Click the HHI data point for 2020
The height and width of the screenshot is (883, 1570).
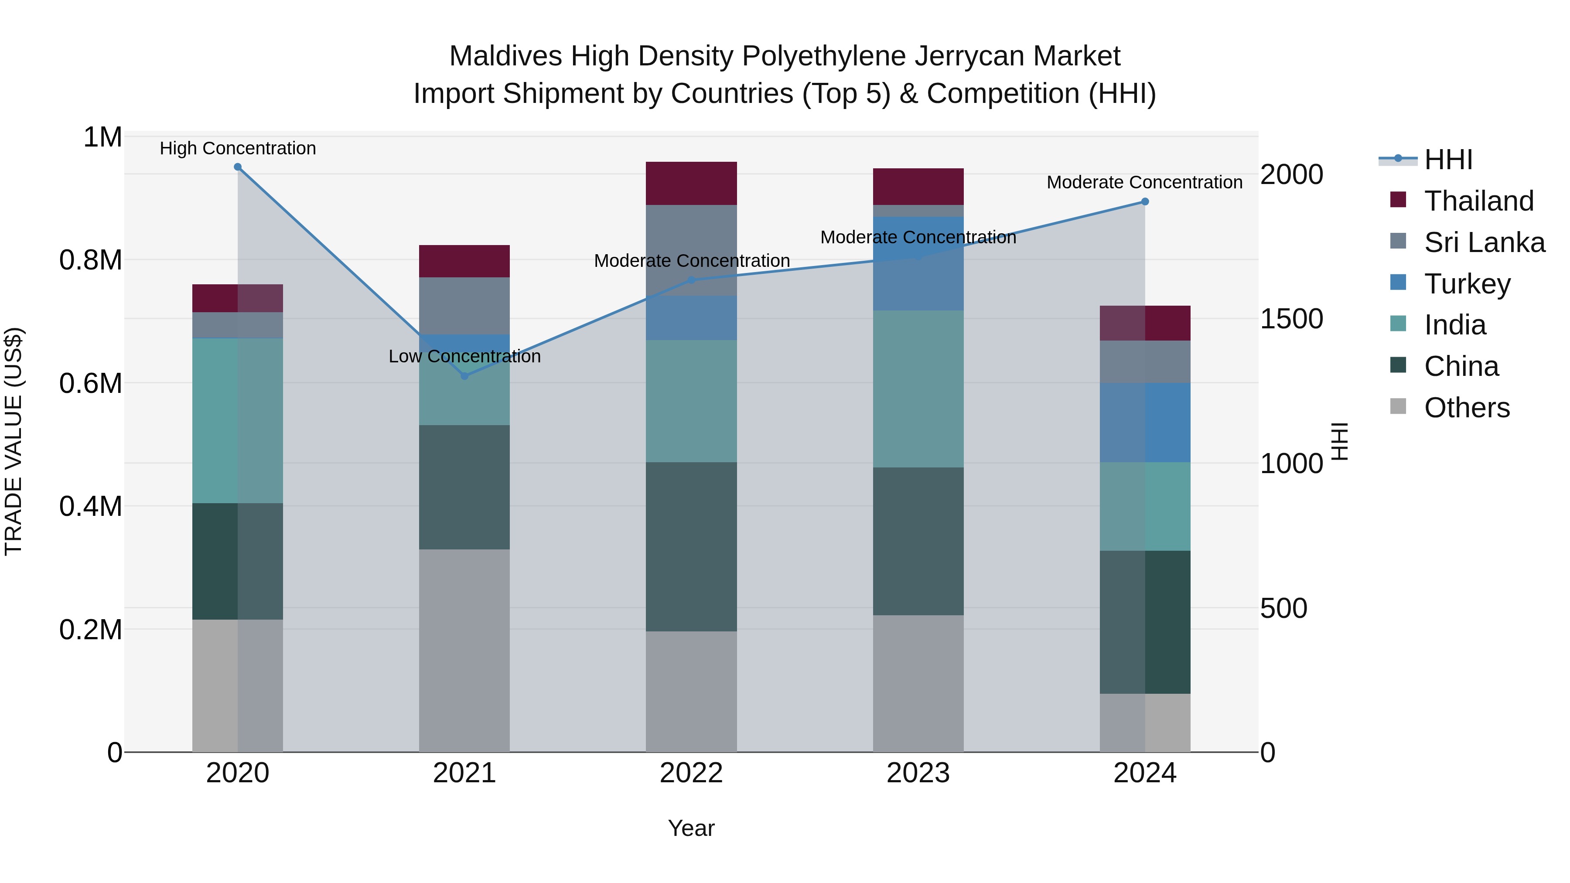(238, 167)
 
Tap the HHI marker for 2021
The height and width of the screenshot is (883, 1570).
(464, 376)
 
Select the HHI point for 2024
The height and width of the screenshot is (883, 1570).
(1145, 202)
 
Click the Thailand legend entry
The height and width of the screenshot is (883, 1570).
(1478, 201)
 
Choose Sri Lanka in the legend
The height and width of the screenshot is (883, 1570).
(1484, 242)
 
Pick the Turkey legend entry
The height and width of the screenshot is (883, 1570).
(1467, 284)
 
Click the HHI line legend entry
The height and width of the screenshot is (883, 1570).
(1448, 160)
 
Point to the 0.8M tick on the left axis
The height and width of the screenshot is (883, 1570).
(90, 260)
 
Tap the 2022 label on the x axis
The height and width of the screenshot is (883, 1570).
(691, 773)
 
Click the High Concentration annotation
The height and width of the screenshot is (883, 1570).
(238, 148)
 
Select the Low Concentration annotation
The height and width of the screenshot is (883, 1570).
(464, 357)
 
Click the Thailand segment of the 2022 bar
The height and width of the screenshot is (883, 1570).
(691, 184)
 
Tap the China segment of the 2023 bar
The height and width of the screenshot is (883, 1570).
(918, 541)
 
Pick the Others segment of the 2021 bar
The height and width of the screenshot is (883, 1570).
(464, 650)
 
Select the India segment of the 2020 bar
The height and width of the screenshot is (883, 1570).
(238, 420)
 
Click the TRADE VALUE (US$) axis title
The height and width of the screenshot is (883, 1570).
(14, 441)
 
